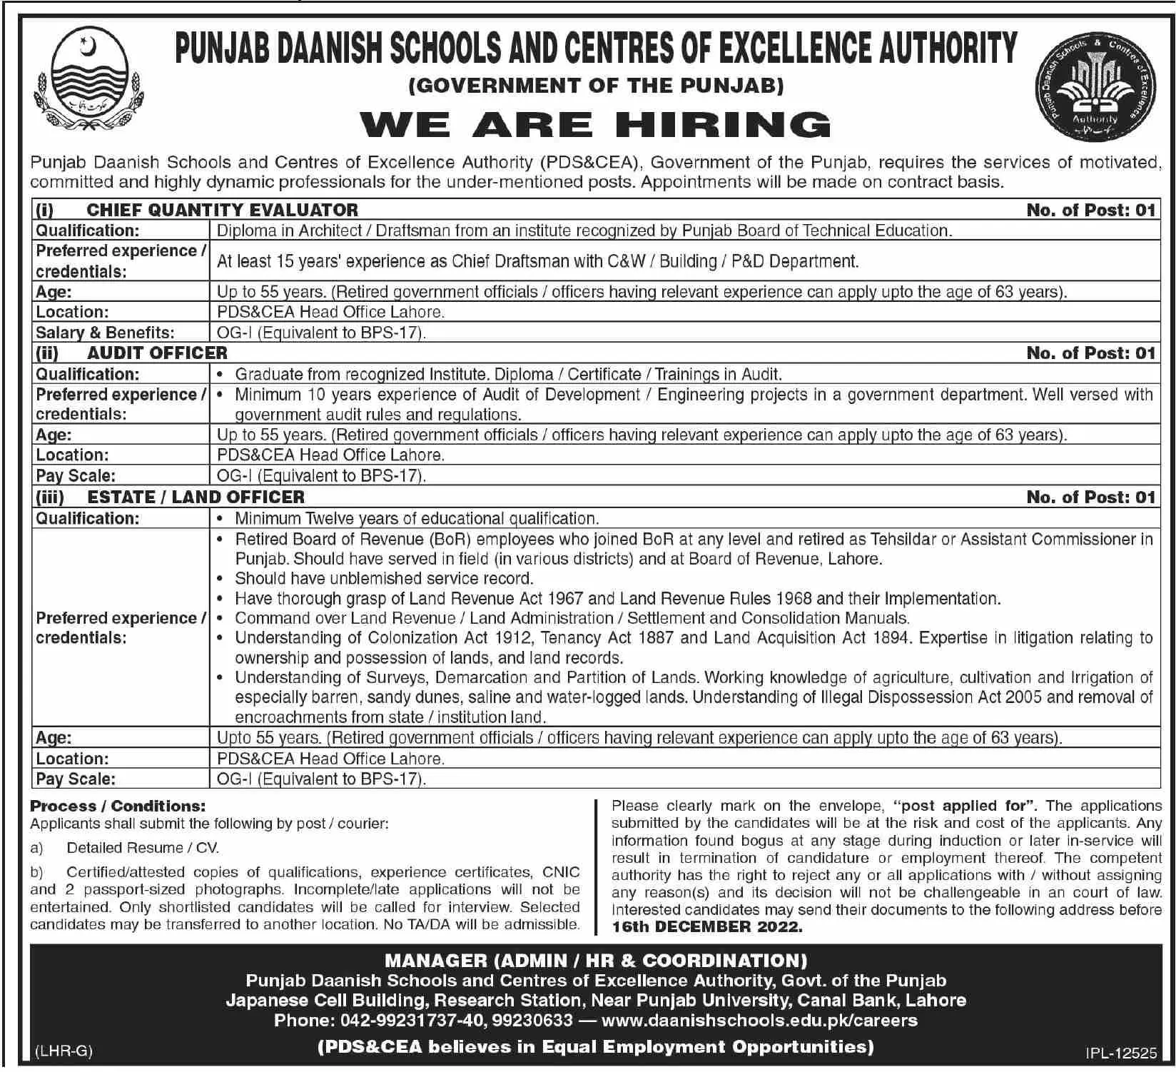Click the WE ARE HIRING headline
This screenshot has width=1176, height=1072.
tap(596, 124)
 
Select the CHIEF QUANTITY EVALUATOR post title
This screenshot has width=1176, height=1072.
tap(222, 210)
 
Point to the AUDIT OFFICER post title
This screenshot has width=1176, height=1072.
tap(157, 353)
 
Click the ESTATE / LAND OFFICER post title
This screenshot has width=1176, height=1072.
tap(196, 497)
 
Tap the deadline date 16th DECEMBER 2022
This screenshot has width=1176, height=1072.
tap(707, 927)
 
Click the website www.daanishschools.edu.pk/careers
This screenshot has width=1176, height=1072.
tap(759, 1021)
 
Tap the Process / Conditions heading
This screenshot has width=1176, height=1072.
tap(118, 806)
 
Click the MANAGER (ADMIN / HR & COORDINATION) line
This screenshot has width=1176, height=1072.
tap(596, 961)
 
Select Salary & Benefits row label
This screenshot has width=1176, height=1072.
tap(105, 333)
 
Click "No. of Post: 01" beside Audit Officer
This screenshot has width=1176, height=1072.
tap(1090, 353)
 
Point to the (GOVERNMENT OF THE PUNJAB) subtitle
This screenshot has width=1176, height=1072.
tap(596, 86)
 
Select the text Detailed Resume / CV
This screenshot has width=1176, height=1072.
tap(143, 848)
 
